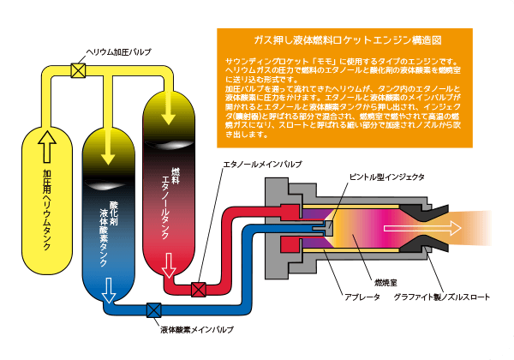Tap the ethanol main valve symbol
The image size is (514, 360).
pos(199,289)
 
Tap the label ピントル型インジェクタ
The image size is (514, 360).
pos(385,177)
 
